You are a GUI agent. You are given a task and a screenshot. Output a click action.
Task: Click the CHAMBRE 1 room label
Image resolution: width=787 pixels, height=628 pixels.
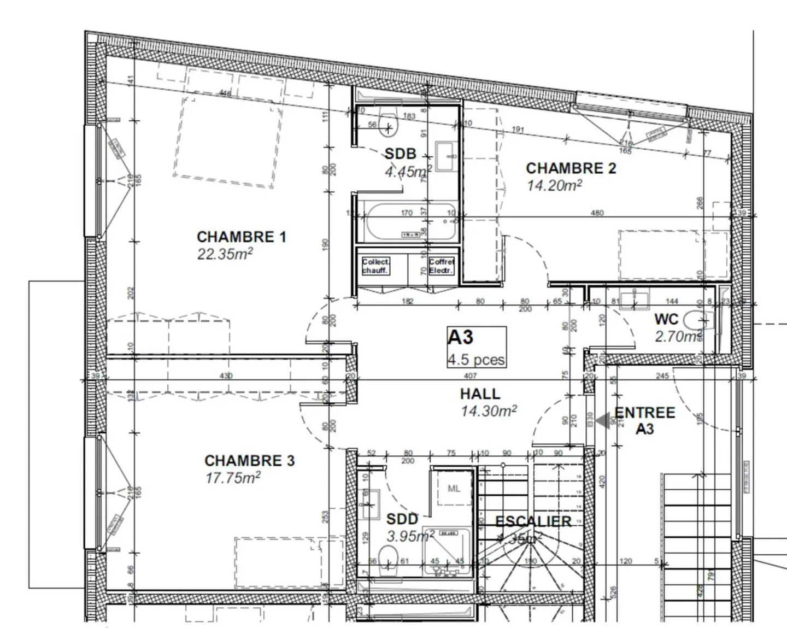[241, 237]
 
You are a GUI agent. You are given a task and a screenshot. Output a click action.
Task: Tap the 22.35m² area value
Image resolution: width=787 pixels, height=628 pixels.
[225, 254]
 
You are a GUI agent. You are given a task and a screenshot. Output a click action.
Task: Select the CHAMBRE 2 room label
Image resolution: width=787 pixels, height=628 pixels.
[571, 168]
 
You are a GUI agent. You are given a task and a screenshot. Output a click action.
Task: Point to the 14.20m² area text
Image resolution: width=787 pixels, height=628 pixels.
[554, 186]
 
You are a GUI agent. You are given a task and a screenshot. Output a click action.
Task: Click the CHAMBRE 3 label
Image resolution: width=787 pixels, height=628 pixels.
[249, 461]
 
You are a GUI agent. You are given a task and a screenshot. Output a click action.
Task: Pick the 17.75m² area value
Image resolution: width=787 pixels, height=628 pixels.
[233, 478]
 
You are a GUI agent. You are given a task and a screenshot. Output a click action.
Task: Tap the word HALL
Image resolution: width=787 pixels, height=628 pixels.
[480, 394]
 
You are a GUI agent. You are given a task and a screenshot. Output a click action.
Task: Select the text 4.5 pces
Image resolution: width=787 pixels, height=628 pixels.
[476, 360]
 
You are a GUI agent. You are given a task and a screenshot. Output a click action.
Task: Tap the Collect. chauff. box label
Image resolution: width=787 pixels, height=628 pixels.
[375, 266]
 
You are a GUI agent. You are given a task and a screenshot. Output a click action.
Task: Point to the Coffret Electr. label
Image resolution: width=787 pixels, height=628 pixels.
[441, 266]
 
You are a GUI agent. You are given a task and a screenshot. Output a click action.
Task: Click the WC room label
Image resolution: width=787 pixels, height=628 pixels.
[666, 319]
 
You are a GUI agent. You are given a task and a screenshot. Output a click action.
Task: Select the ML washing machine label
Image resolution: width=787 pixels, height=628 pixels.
[454, 489]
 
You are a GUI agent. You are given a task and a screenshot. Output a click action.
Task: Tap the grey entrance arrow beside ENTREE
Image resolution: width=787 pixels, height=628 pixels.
[603, 421]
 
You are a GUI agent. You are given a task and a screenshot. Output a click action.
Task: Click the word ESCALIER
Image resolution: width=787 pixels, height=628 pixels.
[533, 521]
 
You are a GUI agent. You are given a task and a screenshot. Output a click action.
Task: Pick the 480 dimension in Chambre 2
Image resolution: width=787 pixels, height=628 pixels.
[597, 213]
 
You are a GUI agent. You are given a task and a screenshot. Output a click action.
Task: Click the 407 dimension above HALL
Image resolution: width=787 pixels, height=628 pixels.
[470, 375]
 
